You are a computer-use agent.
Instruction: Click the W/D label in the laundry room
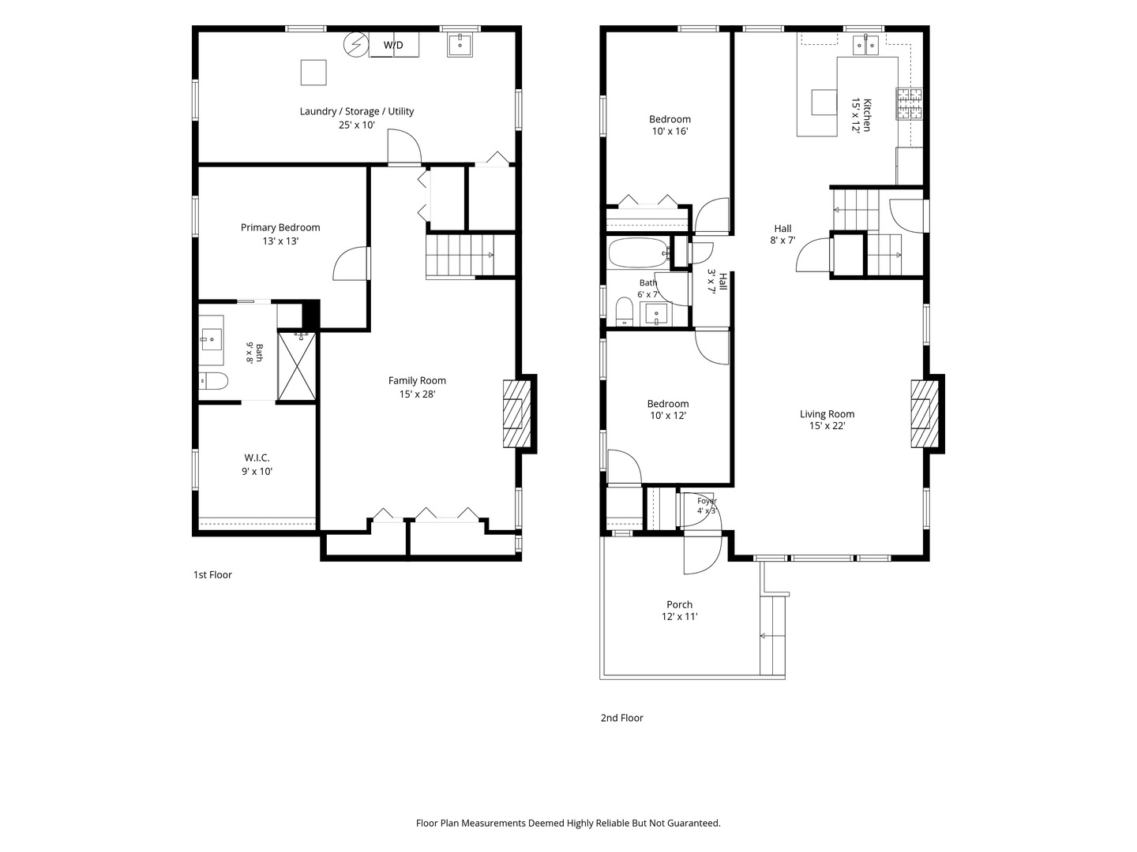pyautogui.click(x=393, y=45)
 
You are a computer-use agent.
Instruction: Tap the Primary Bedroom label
pyautogui.click(x=280, y=228)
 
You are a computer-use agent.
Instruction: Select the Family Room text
pyautogui.click(x=417, y=381)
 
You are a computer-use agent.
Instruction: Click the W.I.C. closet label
pyautogui.click(x=257, y=458)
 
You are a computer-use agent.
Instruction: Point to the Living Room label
pyautogui.click(x=827, y=414)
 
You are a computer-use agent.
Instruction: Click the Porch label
pyautogui.click(x=679, y=604)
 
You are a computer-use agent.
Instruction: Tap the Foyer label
pyautogui.click(x=707, y=501)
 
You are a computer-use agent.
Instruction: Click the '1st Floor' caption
pyautogui.click(x=212, y=575)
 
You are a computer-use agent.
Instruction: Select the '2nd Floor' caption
pyautogui.click(x=621, y=718)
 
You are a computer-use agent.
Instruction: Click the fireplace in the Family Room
pyautogui.click(x=517, y=414)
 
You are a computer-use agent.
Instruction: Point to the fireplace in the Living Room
pyautogui.click(x=925, y=414)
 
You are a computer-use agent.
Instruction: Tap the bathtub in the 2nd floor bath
pyautogui.click(x=640, y=252)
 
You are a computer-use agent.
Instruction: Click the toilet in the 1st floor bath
pyautogui.click(x=213, y=382)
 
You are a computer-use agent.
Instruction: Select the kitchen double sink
pyautogui.click(x=865, y=45)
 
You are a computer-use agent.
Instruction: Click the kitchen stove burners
pyautogui.click(x=910, y=103)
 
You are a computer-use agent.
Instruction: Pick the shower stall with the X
pyautogui.click(x=297, y=366)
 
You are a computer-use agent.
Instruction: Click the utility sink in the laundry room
pyautogui.click(x=460, y=45)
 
